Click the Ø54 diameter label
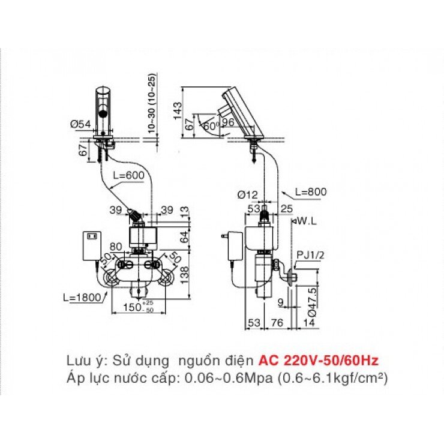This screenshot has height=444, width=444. coord(79,124)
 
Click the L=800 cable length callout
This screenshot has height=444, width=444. coord(311,192)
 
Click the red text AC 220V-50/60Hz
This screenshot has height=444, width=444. coord(318,361)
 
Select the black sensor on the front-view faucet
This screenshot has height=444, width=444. coord(103,112)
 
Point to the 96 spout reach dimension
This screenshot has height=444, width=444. coord(227,122)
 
